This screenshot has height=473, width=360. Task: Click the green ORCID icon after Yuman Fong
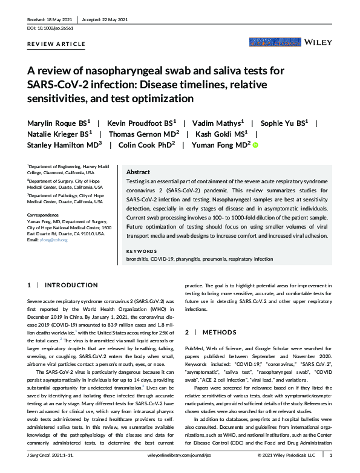pyautogui.click(x=255, y=146)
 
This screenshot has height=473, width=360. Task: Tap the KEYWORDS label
pyautogui.click(x=141, y=250)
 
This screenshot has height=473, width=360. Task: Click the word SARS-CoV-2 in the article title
pyautogui.click(x=59, y=85)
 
